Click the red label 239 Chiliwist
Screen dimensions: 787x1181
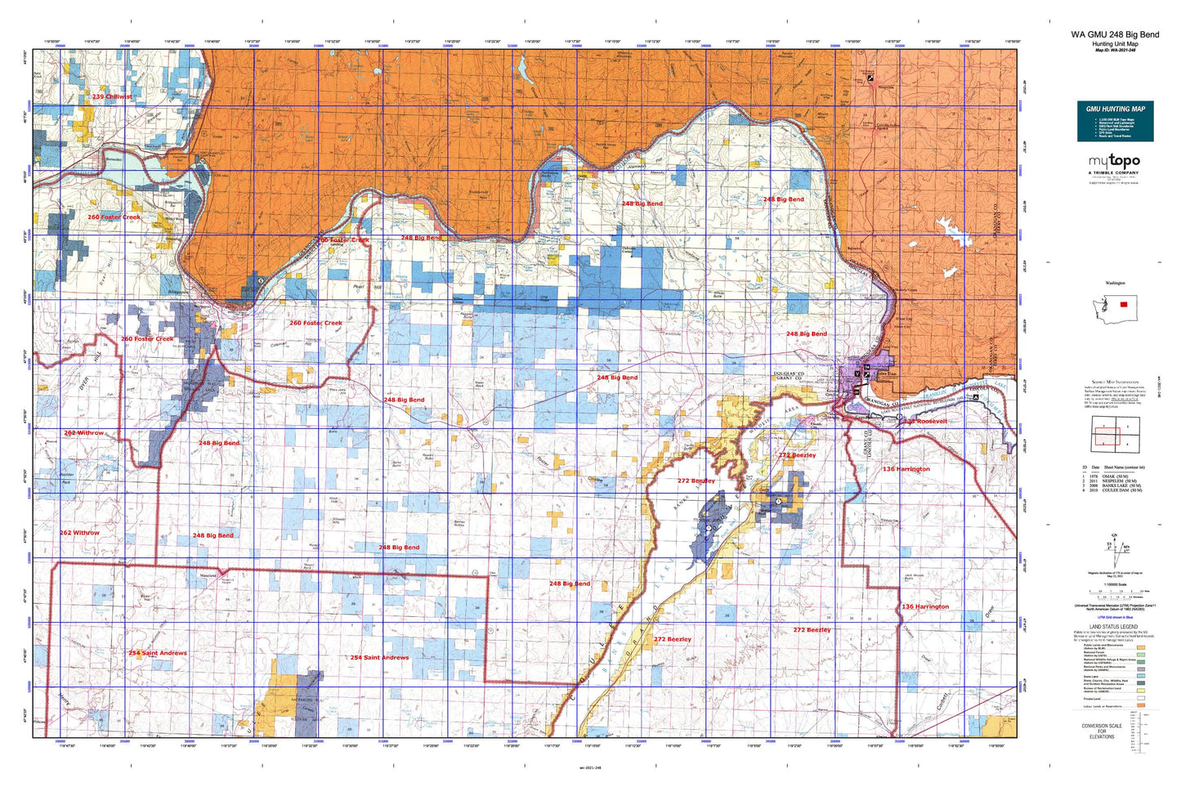(112, 97)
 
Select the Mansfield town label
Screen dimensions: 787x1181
(208, 576)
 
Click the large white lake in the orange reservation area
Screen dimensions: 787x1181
(948, 226)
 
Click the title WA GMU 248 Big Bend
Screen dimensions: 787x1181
(1114, 35)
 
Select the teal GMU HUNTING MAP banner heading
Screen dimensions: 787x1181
(1115, 109)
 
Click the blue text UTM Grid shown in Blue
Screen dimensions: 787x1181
(1115, 617)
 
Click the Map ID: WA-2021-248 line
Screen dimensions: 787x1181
(1114, 50)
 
